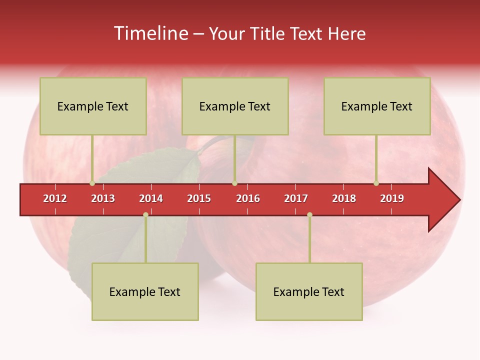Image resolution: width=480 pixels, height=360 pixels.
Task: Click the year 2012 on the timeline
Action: click(x=55, y=198)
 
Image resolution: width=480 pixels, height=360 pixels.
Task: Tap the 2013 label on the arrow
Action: click(x=103, y=198)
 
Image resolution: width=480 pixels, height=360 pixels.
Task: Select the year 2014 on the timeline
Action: click(x=151, y=198)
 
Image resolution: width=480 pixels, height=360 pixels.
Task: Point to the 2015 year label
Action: click(x=199, y=198)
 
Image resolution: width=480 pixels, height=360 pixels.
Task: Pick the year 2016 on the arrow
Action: click(x=248, y=198)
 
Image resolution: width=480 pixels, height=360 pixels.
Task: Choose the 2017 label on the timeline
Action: click(x=296, y=198)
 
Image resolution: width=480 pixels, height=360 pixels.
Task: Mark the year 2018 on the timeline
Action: click(x=344, y=198)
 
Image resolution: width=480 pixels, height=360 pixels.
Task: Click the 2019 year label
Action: click(x=392, y=198)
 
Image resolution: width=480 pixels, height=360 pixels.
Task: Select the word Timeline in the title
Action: click(x=150, y=33)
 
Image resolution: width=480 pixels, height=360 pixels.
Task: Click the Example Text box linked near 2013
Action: click(x=93, y=106)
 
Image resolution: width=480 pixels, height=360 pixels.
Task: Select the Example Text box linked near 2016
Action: click(x=235, y=106)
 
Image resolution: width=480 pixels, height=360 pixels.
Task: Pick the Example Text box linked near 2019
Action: click(x=377, y=106)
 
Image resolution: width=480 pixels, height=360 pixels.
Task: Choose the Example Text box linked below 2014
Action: click(x=145, y=291)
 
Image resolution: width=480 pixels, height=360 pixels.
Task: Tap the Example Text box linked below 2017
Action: click(x=309, y=291)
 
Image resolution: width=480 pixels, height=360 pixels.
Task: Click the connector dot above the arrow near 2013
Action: click(x=92, y=183)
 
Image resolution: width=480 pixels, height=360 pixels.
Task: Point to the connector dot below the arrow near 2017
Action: click(x=309, y=215)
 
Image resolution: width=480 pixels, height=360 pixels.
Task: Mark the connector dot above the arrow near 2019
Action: click(x=376, y=183)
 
